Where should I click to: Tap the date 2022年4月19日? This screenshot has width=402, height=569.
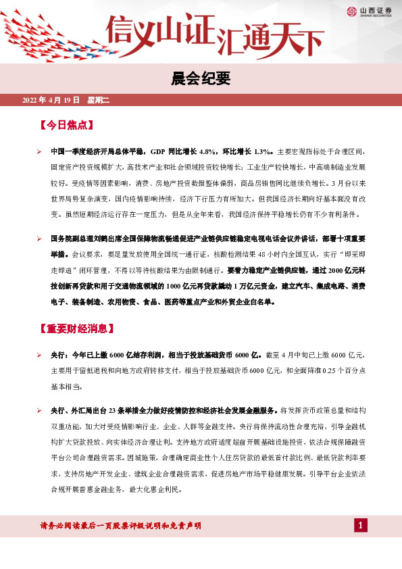pyautogui.click(x=51, y=100)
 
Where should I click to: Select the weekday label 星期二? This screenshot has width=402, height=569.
pyautogui.click(x=98, y=100)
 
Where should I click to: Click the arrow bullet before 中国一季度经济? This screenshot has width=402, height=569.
pyautogui.click(x=40, y=152)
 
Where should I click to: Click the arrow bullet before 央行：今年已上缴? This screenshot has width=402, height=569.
pyautogui.click(x=40, y=355)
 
